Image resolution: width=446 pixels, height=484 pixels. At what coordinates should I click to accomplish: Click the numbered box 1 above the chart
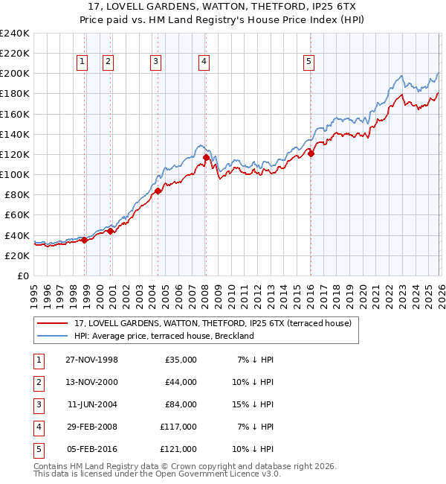tap(81, 63)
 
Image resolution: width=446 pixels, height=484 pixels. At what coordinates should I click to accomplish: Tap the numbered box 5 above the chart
tap(308, 63)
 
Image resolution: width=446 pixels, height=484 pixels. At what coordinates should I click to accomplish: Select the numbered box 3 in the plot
tap(155, 63)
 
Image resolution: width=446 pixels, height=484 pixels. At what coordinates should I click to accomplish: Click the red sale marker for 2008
tap(206, 157)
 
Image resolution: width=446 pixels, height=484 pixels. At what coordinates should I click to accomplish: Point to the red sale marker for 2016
tap(311, 154)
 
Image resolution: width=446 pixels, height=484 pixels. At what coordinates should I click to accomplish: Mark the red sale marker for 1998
tap(85, 240)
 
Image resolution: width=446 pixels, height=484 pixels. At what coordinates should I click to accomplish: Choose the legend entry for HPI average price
tap(164, 336)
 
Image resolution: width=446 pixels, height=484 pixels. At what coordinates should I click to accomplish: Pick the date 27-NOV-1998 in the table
tap(92, 360)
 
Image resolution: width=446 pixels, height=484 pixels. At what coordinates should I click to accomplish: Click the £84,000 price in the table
tap(180, 404)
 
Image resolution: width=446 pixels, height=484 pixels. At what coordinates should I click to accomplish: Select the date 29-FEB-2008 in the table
tap(92, 427)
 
